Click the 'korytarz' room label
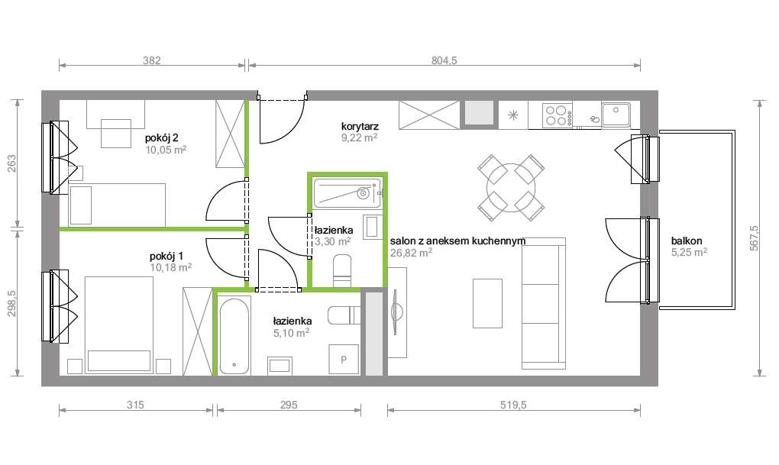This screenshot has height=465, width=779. [x=360, y=127]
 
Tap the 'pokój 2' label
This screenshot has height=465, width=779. [x=161, y=137]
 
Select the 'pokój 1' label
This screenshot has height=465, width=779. [x=166, y=257]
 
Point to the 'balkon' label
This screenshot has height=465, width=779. [x=687, y=241]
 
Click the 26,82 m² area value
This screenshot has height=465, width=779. [x=411, y=253]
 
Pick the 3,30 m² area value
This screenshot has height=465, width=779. [x=332, y=242]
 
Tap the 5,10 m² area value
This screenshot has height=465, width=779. [x=291, y=333]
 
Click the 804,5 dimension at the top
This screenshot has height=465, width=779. [x=444, y=60]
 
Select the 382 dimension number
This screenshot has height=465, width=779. [x=151, y=60]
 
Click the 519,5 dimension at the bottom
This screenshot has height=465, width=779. [x=513, y=405]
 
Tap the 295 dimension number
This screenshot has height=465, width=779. [x=289, y=405]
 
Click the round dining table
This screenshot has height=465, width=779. [x=511, y=188]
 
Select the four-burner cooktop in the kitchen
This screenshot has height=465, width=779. [x=558, y=115]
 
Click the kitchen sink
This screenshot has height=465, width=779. [x=616, y=115]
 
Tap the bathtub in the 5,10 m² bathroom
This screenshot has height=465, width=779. [x=234, y=336]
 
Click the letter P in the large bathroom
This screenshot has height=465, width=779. [x=344, y=359]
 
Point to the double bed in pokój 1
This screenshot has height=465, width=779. [x=118, y=325]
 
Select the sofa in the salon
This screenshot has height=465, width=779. [x=544, y=304]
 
